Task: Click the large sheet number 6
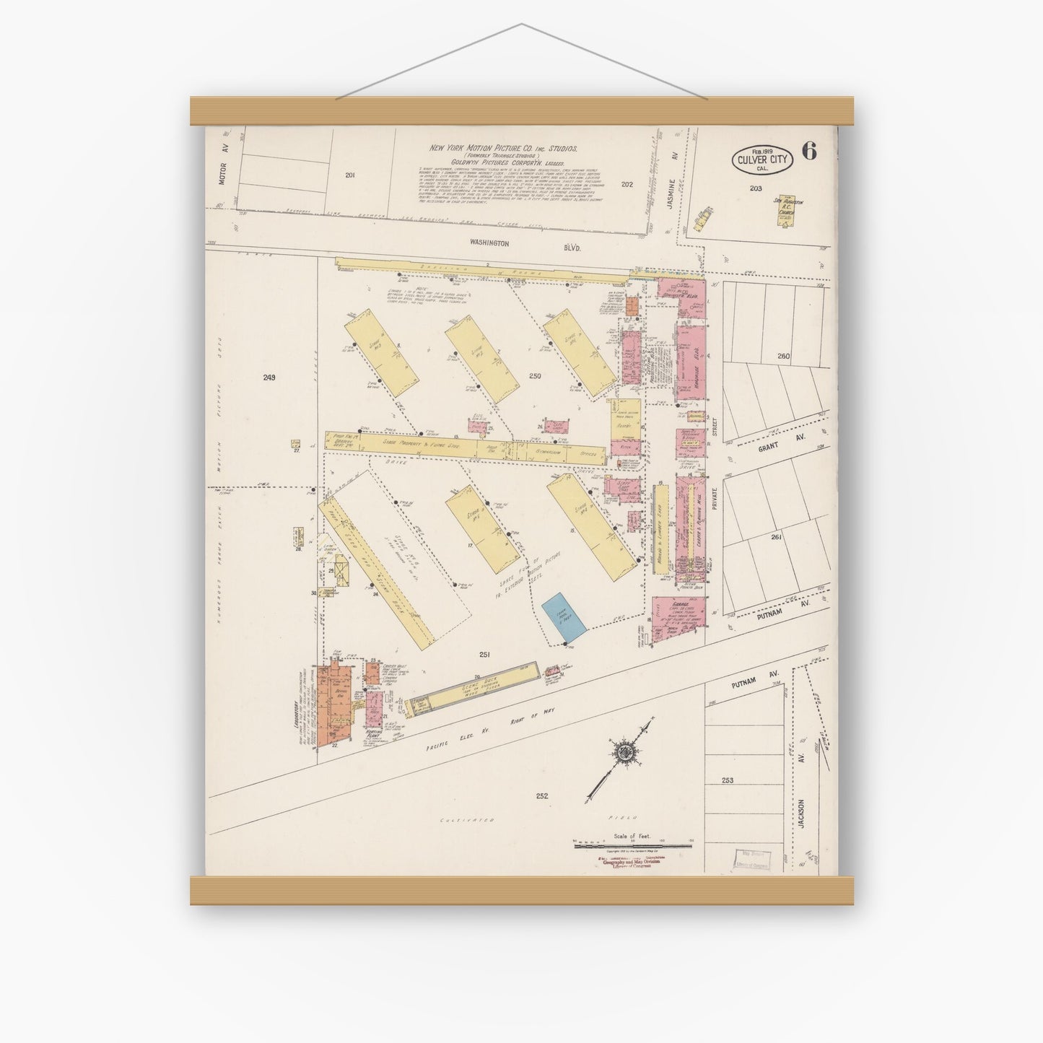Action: tap(809, 151)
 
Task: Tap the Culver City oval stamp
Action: tap(761, 160)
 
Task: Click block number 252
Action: tap(542, 796)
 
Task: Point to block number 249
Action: tap(269, 378)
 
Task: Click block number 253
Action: tap(727, 781)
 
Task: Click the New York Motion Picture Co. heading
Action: tap(502, 148)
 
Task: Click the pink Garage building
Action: tap(678, 618)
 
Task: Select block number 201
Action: tap(351, 175)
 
